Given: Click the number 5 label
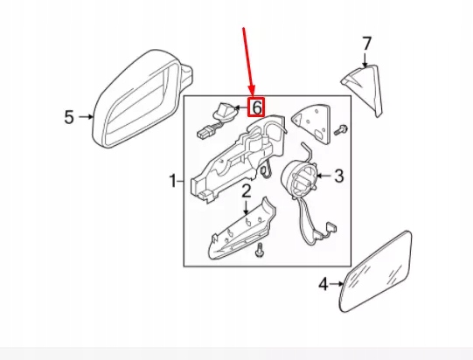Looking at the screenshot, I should (x=70, y=116).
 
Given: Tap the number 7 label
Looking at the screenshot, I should (x=366, y=43).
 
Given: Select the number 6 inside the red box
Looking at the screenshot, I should (x=257, y=107).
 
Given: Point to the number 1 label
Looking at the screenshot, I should (x=172, y=182).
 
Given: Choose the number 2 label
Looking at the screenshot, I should (x=247, y=191).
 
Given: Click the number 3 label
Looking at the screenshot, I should (x=339, y=176).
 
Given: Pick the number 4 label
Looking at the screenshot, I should (x=323, y=283).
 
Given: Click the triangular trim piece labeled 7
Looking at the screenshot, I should (x=365, y=88).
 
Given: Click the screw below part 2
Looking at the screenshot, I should (x=259, y=253).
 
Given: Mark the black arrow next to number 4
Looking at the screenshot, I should (x=335, y=284).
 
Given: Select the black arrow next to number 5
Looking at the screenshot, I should (x=85, y=116).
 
